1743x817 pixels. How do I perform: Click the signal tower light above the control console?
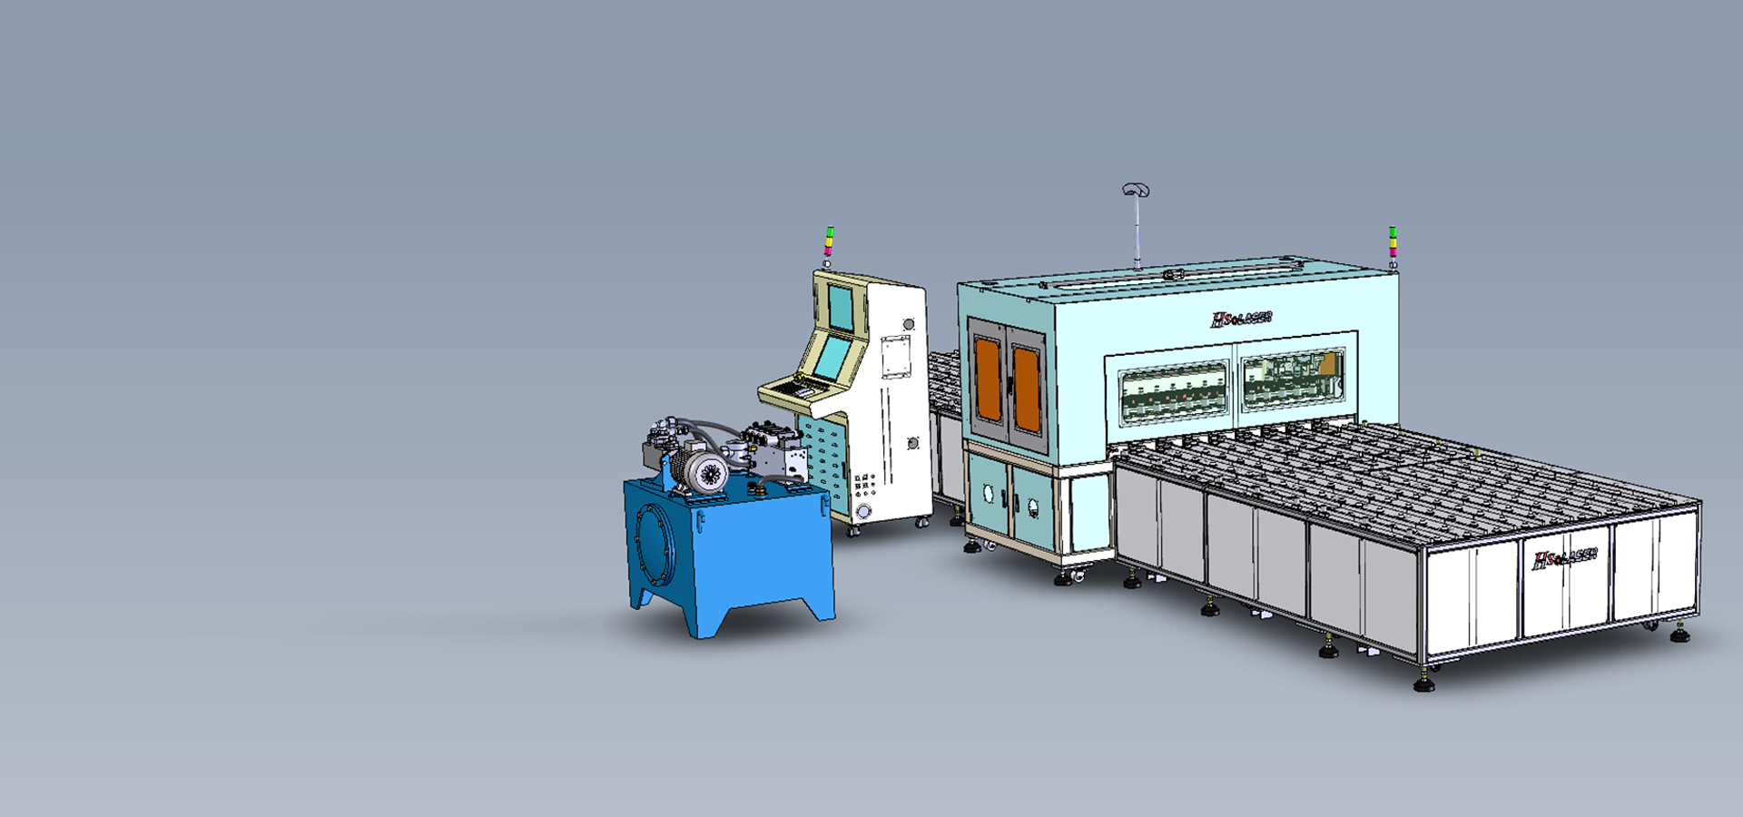coord(828,242)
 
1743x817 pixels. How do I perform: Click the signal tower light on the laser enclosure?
coord(1393,243)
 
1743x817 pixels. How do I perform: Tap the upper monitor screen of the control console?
coord(841,308)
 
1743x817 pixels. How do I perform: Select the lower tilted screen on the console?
coord(832,357)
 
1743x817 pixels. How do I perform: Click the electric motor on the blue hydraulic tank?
coord(704,471)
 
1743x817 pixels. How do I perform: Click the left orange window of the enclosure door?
coord(988,379)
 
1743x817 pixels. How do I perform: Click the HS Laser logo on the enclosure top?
coord(1241,319)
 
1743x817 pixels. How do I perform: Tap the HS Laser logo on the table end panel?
coord(1564,558)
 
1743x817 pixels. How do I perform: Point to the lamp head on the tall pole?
coord(1136,190)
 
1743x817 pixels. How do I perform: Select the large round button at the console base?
coord(863,512)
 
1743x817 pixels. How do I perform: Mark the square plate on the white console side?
coord(895,356)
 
